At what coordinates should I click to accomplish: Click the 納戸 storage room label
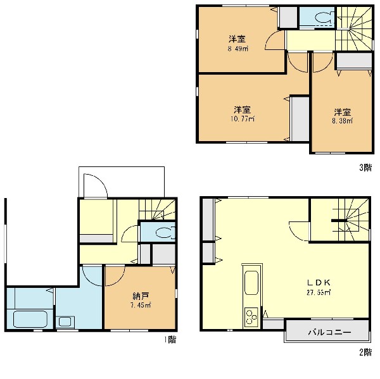tap(141, 295)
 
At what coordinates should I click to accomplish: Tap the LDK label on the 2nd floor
tap(319, 282)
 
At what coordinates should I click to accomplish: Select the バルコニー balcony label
tap(329, 332)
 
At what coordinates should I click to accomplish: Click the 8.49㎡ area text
tap(238, 49)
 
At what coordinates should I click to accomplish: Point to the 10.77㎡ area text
tap(243, 119)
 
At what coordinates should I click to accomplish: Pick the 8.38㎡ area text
tap(343, 121)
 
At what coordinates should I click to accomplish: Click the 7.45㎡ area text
tap(141, 306)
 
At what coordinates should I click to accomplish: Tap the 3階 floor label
tap(365, 167)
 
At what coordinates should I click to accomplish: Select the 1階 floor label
tap(170, 340)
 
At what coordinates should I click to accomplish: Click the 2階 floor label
tap(365, 352)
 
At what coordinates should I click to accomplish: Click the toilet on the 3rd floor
tap(324, 17)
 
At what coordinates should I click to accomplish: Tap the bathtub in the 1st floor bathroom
tap(30, 319)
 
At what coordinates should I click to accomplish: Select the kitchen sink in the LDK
tap(251, 283)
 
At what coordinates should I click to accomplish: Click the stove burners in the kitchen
tap(251, 316)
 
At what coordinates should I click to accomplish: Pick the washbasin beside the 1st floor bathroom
tap(65, 322)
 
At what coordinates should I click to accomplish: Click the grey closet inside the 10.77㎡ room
tap(300, 119)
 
